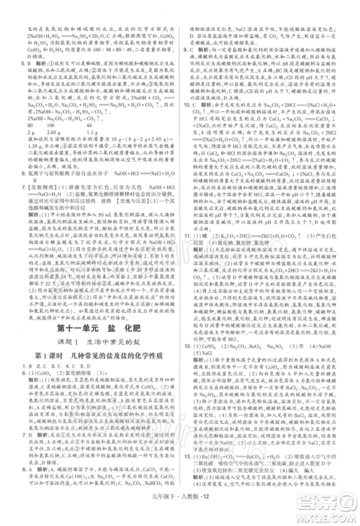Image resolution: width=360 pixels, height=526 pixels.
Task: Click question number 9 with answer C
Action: click(189, 50)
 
